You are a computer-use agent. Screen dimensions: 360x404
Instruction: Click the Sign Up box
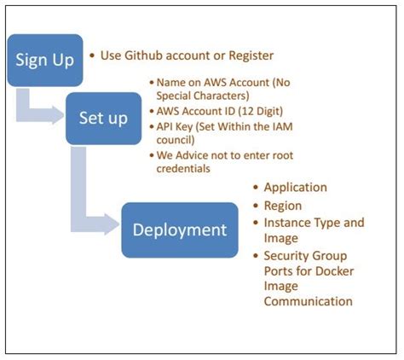click(x=45, y=60)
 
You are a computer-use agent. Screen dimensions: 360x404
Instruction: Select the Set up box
click(x=103, y=118)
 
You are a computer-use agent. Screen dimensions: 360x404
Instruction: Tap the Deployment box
click(x=179, y=229)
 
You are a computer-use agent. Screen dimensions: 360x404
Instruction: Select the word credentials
click(x=185, y=169)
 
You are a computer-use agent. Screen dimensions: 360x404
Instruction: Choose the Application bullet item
click(x=295, y=188)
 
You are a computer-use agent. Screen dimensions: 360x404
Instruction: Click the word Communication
click(x=307, y=300)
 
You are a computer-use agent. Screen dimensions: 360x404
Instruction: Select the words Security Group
click(x=305, y=255)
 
